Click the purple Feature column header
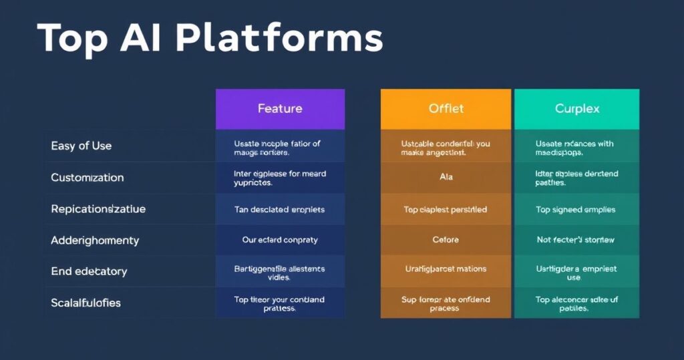point(280,108)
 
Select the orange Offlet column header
point(446,108)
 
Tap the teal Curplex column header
point(576,108)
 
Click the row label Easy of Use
point(81,146)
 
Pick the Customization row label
point(88,178)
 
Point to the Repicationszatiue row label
point(98,209)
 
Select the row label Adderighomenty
point(95,240)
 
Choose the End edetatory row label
point(89,271)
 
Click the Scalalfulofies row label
point(86,303)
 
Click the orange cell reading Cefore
point(446,240)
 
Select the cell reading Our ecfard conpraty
point(280,240)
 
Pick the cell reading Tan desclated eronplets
point(280,210)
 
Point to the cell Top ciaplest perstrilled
point(446,210)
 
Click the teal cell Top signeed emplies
point(576,210)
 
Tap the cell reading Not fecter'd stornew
point(576,240)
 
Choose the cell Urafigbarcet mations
point(446,269)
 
